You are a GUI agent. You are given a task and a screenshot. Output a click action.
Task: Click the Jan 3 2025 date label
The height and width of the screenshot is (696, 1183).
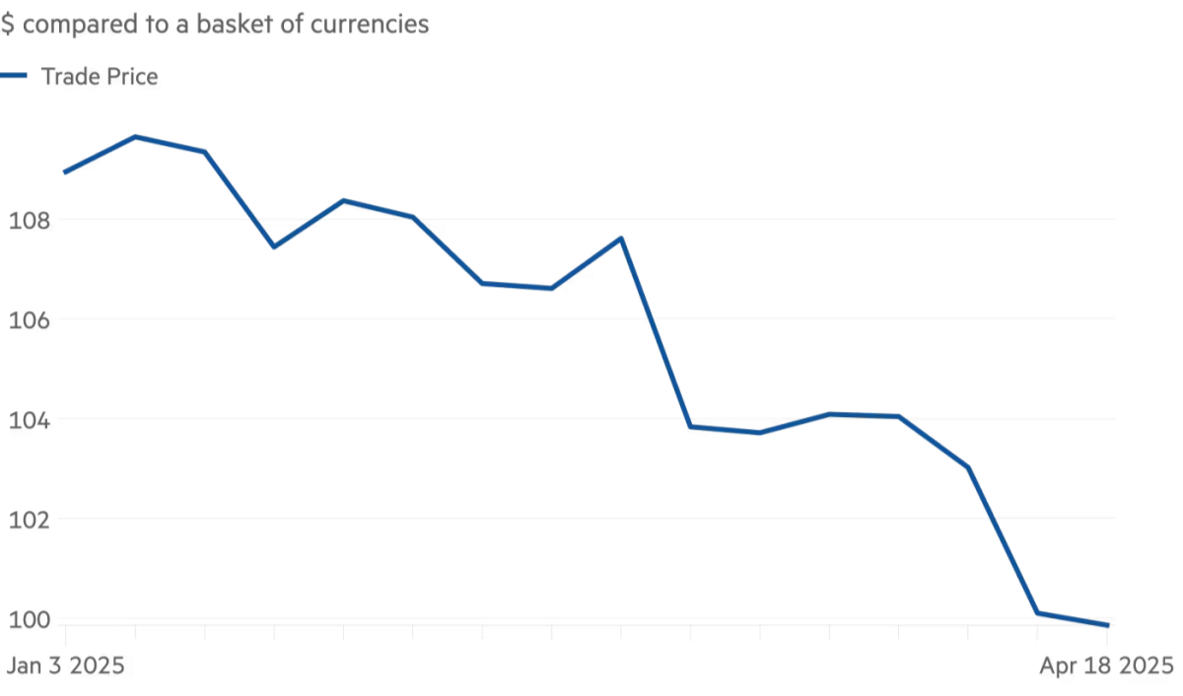click(65, 665)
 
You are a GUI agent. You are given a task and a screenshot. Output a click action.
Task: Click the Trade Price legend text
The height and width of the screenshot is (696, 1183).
click(99, 77)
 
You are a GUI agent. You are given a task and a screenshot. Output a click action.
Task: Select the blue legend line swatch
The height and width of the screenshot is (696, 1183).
click(14, 76)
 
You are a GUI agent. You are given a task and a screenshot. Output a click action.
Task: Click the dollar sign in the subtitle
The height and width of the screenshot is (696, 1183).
click(7, 25)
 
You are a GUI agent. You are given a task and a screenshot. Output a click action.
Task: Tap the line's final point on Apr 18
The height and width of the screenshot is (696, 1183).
click(1108, 625)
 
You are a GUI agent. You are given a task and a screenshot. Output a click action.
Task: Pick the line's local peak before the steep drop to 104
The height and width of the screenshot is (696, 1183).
click(621, 239)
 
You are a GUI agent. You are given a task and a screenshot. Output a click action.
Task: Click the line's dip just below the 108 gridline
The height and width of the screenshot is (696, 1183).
click(274, 245)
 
